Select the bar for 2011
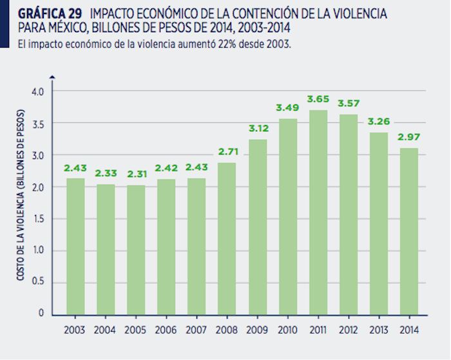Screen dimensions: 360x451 tap(318, 212)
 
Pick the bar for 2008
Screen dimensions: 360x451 tap(227, 238)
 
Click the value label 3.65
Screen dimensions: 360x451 tap(318, 99)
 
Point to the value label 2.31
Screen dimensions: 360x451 tap(137, 175)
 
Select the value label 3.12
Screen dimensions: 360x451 tap(258, 129)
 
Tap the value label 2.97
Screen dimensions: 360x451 tap(408, 138)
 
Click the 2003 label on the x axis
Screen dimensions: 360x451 tap(76, 331)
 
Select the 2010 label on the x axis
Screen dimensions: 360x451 tap(288, 331)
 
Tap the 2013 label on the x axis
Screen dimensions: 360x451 tap(379, 331)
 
